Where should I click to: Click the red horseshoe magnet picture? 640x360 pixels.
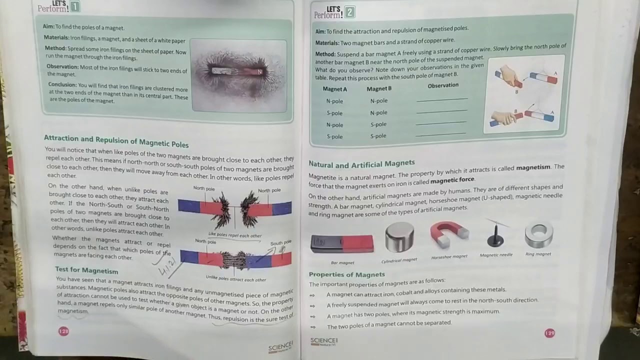(x=448, y=234)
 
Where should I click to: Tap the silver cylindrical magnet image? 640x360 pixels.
(x=399, y=237)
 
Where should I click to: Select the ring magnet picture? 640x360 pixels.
(x=538, y=235)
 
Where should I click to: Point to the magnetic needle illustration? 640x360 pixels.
(x=495, y=235)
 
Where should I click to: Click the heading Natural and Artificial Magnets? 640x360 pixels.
(x=361, y=164)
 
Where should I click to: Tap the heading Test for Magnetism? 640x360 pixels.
(x=86, y=270)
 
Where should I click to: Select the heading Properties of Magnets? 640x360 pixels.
(x=346, y=274)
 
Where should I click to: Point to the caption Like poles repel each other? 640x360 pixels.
(x=235, y=235)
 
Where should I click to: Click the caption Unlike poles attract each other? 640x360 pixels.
(x=236, y=279)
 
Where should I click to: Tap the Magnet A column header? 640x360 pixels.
(x=334, y=89)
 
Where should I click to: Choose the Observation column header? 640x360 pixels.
(x=443, y=85)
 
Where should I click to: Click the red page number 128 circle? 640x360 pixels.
(x=63, y=331)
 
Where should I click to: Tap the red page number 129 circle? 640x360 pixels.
(x=549, y=333)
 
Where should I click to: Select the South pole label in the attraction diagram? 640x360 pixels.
(x=280, y=243)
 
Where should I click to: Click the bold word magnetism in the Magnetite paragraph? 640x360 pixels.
(x=533, y=167)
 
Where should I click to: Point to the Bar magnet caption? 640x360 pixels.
(x=342, y=262)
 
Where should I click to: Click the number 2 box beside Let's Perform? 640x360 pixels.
(x=350, y=12)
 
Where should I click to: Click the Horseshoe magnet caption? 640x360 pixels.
(x=449, y=257)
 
